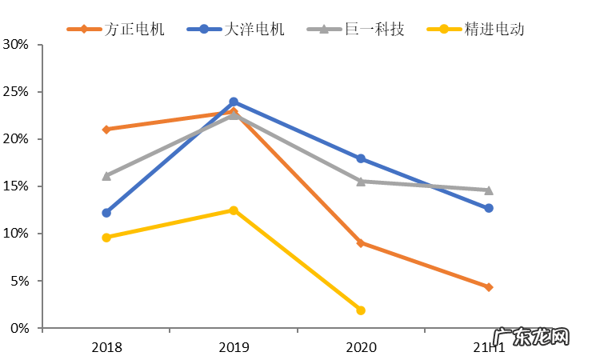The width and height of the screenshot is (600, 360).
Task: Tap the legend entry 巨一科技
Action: pyautogui.click(x=356, y=30)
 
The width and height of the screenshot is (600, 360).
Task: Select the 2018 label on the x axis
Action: pyautogui.click(x=106, y=347)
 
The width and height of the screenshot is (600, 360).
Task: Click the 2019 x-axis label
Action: pyautogui.click(x=234, y=347)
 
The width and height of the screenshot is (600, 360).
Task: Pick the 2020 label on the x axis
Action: pyautogui.click(x=361, y=347)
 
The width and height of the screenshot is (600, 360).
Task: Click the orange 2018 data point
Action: pyautogui.click(x=106, y=129)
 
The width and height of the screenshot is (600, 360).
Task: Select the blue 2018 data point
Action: pyautogui.click(x=106, y=213)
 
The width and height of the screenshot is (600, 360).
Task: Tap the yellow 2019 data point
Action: pyautogui.click(x=234, y=210)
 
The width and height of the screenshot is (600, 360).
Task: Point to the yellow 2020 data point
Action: pyautogui.click(x=361, y=310)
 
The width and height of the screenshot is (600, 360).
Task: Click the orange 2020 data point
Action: pyautogui.click(x=361, y=242)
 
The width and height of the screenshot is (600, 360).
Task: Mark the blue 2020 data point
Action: pyautogui.click(x=361, y=158)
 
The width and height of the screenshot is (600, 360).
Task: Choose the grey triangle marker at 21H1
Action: pyautogui.click(x=489, y=190)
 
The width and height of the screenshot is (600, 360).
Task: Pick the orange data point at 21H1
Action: pyautogui.click(x=489, y=287)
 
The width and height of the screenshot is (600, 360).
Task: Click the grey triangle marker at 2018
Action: pyautogui.click(x=106, y=175)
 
